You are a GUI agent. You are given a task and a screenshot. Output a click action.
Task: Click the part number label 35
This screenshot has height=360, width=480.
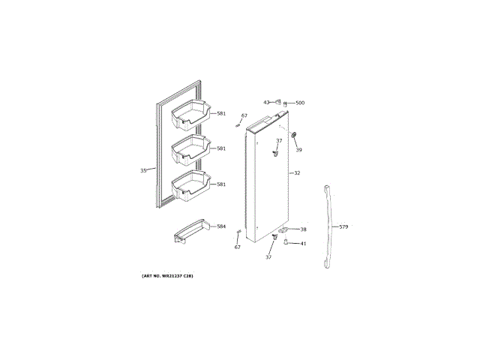[x=143, y=170]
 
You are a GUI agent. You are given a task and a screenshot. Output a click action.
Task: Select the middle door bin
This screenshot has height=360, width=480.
[x=190, y=150]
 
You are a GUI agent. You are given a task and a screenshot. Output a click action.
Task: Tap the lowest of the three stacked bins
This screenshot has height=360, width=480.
[x=190, y=186]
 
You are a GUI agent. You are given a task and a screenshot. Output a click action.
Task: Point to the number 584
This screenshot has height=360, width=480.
[x=221, y=226]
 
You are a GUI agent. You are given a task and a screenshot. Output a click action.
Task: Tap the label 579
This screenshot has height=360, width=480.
[x=343, y=226]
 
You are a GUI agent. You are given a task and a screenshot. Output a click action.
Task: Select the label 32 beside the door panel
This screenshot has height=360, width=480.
[x=297, y=173]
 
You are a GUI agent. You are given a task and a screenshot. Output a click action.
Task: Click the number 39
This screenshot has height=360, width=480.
[x=298, y=150]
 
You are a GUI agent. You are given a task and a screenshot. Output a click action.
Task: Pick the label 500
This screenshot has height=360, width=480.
[x=300, y=103]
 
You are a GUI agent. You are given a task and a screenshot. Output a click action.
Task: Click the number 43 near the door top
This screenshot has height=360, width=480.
[x=266, y=103]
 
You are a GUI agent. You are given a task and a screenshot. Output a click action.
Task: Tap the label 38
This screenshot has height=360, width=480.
[x=304, y=229]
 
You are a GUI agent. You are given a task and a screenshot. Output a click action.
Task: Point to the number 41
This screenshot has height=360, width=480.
[x=304, y=243]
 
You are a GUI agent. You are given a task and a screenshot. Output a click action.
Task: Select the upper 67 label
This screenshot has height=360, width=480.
[x=244, y=115]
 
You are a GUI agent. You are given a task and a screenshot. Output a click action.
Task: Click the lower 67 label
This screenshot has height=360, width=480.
[x=238, y=247]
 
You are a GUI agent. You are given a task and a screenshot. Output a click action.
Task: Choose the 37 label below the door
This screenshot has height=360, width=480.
[x=268, y=257]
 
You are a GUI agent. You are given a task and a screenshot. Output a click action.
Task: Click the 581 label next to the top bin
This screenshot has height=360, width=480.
[x=221, y=113]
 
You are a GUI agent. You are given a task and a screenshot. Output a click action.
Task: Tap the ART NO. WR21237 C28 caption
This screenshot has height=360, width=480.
[x=167, y=277]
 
